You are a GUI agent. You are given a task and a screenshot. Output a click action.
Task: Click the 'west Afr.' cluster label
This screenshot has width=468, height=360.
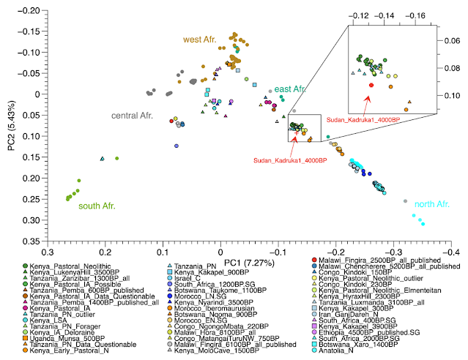[199, 39]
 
